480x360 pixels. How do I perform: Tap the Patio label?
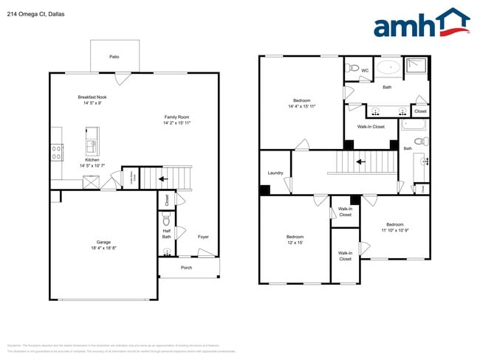tap(114, 56)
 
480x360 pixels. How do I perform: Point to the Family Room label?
tap(176, 117)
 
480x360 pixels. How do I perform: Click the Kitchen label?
tap(92, 160)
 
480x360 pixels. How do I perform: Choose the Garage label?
tap(103, 242)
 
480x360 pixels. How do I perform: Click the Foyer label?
tap(203, 237)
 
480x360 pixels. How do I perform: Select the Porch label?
tap(186, 267)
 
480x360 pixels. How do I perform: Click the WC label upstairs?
tap(365, 71)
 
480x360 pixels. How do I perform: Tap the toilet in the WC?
tap(353, 69)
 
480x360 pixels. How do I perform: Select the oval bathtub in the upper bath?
tap(388, 69)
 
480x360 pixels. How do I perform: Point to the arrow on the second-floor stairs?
tap(360, 161)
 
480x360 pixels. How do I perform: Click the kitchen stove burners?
tap(56, 153)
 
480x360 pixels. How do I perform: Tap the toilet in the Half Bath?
tap(167, 220)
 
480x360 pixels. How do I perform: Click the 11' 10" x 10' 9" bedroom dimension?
tap(395, 230)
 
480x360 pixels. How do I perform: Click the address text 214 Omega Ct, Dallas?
tap(32, 13)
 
